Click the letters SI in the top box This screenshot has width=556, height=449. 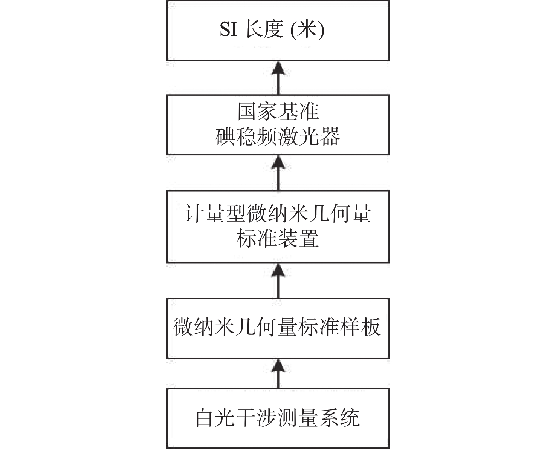[229, 29]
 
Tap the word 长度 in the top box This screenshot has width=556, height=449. [264, 29]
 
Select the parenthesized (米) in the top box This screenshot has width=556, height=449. [307, 29]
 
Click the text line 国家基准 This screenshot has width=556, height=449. [278, 112]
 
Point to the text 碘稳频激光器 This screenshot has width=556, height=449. [278, 136]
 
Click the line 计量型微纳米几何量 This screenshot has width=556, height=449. [278, 214]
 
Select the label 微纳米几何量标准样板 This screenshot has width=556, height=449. [277, 327]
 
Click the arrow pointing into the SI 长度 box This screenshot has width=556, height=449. [278, 78]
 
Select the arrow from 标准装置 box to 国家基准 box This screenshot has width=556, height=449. [278, 173]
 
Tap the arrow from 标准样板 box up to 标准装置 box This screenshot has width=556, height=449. [278, 281]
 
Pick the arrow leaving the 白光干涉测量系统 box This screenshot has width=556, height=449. [278, 374]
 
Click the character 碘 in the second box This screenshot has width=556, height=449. [226, 136]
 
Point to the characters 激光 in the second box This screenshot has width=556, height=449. [309, 136]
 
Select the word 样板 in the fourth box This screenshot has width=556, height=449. [360, 327]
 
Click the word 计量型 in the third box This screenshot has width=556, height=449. [215, 214]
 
